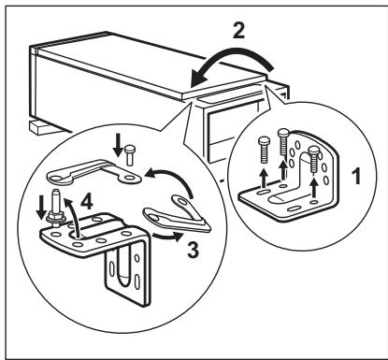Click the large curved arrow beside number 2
[230, 63]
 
